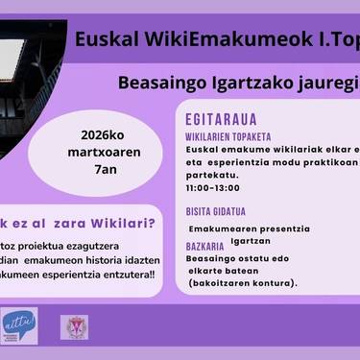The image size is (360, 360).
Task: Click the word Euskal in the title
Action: click(107, 39)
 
